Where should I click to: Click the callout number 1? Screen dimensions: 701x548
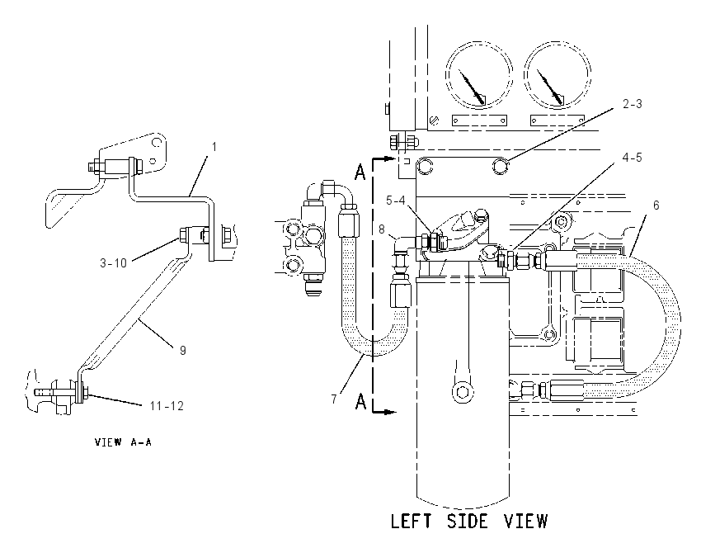[214, 147]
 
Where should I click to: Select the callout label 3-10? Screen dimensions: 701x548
[114, 263]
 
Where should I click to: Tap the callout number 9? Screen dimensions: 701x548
[183, 350]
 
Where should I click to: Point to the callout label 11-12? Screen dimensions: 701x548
[167, 406]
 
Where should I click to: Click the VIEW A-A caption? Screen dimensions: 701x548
[124, 442]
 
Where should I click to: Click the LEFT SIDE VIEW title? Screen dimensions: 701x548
[469, 522]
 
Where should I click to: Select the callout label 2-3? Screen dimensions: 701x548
[633, 104]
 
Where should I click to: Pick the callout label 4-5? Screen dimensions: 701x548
[633, 158]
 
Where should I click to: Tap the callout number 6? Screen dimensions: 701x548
[656, 205]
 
